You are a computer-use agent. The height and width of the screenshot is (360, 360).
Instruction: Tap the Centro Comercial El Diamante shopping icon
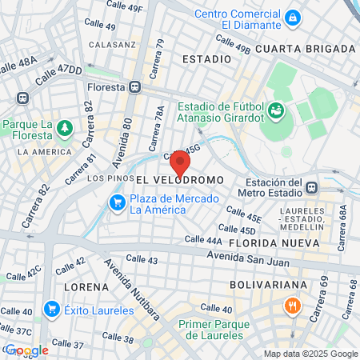click(x=294, y=17)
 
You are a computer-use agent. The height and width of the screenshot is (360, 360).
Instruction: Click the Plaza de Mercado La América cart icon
click(x=118, y=202)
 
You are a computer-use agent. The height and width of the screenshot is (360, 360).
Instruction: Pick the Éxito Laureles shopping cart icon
click(x=52, y=307)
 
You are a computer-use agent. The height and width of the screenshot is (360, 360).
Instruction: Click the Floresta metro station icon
click(x=136, y=87)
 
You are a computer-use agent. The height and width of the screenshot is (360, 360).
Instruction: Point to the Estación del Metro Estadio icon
click(x=311, y=187)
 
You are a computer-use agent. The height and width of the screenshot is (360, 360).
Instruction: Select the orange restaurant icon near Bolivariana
click(x=293, y=306)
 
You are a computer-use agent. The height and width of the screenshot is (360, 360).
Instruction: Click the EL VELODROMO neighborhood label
click(x=178, y=181)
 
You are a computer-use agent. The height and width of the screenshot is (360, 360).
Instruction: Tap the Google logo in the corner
click(x=26, y=350)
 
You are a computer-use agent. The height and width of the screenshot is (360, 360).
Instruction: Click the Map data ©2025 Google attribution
click(x=311, y=354)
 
